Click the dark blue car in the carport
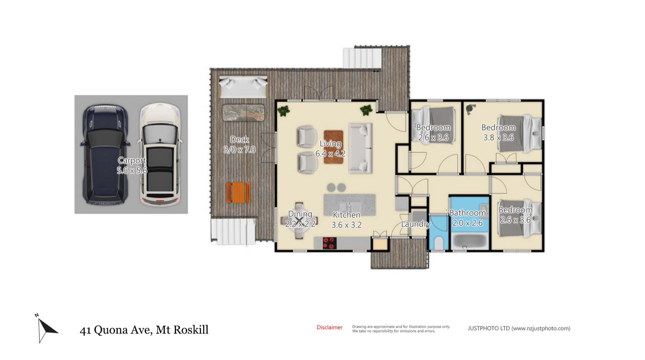104,155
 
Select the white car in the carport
160,155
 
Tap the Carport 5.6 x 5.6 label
132,165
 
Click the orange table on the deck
238,192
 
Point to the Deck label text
240,139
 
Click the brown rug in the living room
334,147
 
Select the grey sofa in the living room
360,148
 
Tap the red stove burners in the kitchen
330,243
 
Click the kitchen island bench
349,205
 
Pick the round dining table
299,221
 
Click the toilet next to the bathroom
439,243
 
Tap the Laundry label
416,224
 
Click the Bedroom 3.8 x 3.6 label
499,132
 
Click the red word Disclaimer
330,327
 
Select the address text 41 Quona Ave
116,330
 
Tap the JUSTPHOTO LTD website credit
519,328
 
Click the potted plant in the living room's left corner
284,111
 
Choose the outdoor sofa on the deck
243,86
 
